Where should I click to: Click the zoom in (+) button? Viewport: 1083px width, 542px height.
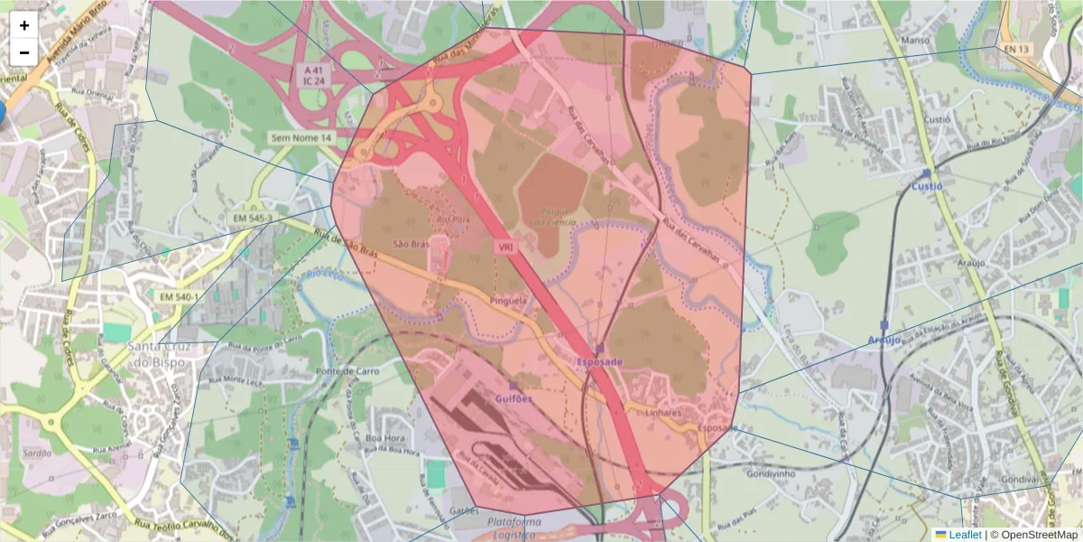[x=24, y=25]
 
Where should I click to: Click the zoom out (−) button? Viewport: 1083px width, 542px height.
[x=24, y=51]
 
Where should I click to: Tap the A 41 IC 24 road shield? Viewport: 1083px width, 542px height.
[x=313, y=75]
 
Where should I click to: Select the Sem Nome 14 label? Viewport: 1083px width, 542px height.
[x=301, y=137]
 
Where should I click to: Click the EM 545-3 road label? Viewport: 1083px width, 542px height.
[x=253, y=219]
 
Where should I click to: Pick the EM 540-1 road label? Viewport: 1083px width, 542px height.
[x=179, y=296]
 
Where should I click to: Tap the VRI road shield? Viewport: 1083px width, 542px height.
[x=504, y=246]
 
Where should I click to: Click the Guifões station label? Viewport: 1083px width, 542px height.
[x=514, y=397]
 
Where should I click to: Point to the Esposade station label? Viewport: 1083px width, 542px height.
[x=599, y=361]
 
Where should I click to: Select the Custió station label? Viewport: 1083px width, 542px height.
[x=926, y=185]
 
